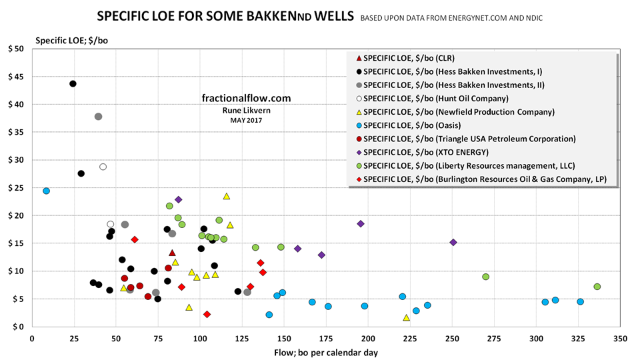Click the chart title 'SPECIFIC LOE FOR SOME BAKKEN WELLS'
(225, 15)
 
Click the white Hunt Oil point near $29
(103, 167)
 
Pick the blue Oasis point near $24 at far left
(46, 191)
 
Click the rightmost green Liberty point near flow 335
(597, 287)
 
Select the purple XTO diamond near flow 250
(453, 242)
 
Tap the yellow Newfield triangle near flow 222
(406, 317)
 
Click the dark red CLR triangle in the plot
(172, 253)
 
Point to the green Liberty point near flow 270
(485, 277)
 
